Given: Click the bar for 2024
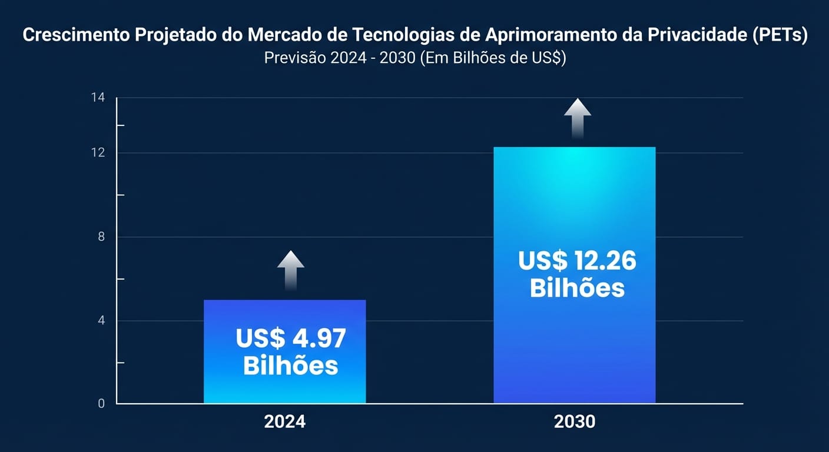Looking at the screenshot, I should point(284,351).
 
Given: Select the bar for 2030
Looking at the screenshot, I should point(574,275).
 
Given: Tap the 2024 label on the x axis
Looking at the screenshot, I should point(284,422).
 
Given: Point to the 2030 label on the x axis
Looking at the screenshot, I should point(574,422).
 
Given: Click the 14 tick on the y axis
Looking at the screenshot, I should point(98,98).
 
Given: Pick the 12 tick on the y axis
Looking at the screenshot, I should point(98,153).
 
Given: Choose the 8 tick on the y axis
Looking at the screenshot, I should point(101,237).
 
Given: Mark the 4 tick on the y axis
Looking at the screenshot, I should point(101,321).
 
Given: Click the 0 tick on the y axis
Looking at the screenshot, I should point(101,404).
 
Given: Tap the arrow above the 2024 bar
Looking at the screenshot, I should point(290,270).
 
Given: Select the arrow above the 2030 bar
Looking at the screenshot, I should point(578,118).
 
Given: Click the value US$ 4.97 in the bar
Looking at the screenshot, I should point(290,338).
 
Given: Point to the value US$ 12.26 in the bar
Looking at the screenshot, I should point(577,261).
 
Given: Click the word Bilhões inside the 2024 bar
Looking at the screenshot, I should point(290,365).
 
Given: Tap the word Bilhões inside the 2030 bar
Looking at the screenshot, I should point(577,288).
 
